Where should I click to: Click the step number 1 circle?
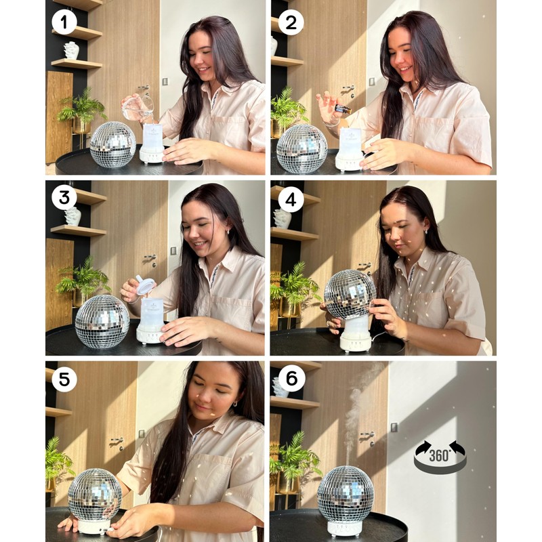[64, 22]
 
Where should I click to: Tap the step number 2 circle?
[291, 22]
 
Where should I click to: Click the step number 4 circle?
[291, 199]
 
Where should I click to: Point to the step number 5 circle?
[64, 379]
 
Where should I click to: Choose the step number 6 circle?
[291, 379]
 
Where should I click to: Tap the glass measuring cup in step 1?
[138, 106]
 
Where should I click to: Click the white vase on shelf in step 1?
[71, 50]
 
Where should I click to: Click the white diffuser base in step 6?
[345, 527]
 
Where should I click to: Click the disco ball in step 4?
[350, 295]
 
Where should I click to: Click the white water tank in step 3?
[152, 314]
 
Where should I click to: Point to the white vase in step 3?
[72, 216]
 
